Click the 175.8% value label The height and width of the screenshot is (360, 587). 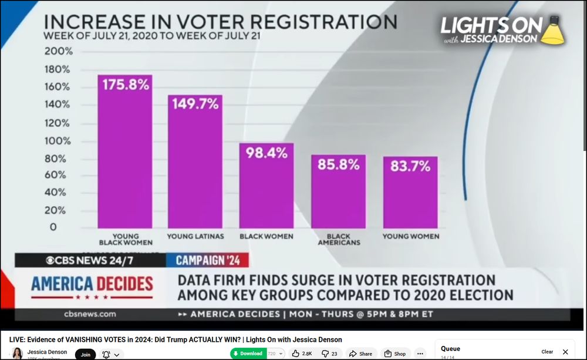[126, 84]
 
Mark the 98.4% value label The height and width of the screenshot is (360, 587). [266, 153]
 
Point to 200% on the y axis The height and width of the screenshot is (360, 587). [59, 51]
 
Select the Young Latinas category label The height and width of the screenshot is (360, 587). [195, 236]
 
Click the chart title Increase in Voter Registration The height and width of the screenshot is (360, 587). [220, 22]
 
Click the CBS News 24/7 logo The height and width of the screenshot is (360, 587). [90, 260]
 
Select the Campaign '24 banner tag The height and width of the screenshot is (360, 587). [208, 260]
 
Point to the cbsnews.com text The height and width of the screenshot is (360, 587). [90, 314]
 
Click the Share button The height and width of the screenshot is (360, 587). [360, 354]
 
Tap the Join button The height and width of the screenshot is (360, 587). [86, 354]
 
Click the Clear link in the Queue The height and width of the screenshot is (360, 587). [547, 352]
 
